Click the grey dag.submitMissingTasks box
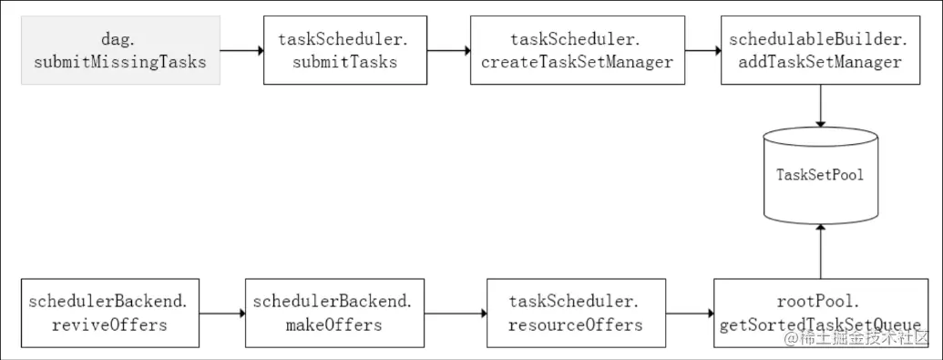tap(120, 51)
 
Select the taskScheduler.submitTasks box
tap(343, 51)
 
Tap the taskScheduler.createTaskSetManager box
tap(577, 51)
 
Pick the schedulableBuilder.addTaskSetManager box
tap(821, 51)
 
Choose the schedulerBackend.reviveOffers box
tap(109, 313)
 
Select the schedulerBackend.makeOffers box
tap(333, 313)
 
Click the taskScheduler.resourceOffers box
tap(575, 313)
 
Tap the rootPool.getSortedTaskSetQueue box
tap(821, 313)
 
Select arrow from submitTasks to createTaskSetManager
tap(448, 51)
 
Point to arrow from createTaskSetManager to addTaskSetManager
tap(702, 51)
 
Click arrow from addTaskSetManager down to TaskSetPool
tap(821, 107)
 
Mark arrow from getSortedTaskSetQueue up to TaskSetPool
tap(821, 252)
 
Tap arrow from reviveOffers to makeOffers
tap(221, 313)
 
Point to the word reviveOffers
tap(109, 324)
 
